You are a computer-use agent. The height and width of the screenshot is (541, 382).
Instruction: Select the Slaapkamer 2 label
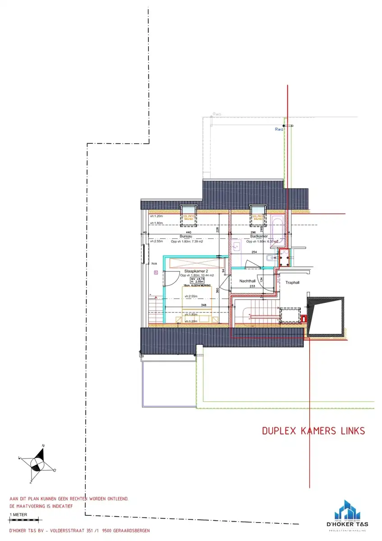click(x=196, y=271)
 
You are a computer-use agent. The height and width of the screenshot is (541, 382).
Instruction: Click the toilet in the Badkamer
click(x=269, y=258)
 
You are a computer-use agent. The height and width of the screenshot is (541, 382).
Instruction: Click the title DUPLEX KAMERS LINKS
click(x=313, y=431)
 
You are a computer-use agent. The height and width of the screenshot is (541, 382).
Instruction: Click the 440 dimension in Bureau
click(x=183, y=232)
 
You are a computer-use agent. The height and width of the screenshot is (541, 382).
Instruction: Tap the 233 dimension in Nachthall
click(x=252, y=286)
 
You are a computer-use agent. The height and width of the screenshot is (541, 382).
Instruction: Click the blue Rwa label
click(x=279, y=129)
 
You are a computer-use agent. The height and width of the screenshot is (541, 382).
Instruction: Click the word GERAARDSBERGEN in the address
click(x=129, y=531)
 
